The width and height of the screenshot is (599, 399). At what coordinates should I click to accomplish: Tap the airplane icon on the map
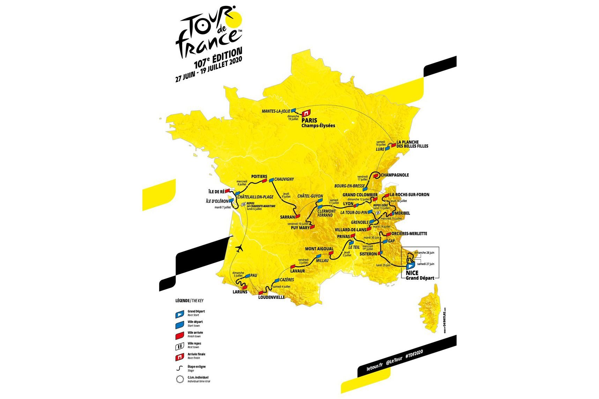(239, 249)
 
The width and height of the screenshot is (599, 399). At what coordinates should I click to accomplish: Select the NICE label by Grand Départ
(412, 273)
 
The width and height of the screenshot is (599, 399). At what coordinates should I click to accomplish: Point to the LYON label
(348, 204)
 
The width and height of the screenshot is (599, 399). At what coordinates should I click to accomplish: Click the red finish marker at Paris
(306, 113)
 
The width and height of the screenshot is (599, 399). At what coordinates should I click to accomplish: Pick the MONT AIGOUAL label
(319, 249)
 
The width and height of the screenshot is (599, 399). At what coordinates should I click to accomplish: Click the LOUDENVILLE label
(271, 298)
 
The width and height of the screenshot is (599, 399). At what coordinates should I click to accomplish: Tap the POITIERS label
(259, 176)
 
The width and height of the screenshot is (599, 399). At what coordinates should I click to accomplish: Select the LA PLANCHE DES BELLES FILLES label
(412, 144)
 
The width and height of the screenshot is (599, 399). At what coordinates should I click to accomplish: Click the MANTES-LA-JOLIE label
(276, 111)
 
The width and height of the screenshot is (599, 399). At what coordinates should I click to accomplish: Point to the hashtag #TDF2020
(414, 355)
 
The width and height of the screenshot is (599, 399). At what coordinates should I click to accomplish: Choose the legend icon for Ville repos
(179, 346)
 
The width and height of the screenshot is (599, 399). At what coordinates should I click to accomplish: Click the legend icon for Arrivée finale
(179, 357)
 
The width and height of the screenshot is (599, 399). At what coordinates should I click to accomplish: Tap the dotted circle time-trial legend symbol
(179, 379)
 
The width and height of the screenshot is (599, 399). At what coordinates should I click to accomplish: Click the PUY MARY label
(300, 228)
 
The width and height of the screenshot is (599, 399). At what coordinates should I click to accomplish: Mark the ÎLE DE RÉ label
(216, 191)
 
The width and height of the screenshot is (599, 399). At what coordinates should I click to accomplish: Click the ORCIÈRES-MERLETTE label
(409, 234)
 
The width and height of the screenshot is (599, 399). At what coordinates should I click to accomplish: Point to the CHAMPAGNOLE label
(395, 175)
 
